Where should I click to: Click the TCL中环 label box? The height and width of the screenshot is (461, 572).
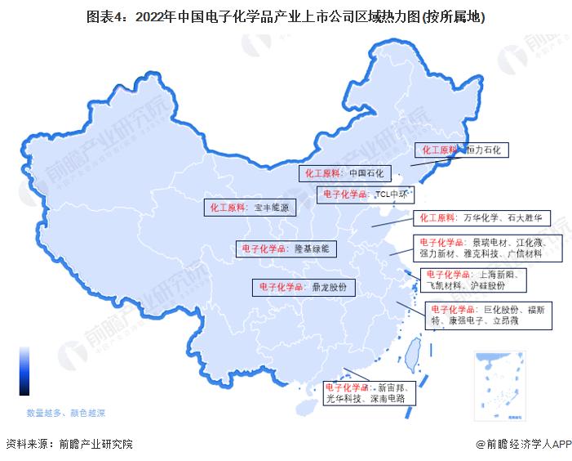(366, 195)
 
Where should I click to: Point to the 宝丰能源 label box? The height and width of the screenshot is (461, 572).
(249, 208)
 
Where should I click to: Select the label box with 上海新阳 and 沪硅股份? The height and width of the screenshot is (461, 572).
(473, 280)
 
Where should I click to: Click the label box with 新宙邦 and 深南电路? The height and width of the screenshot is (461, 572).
(370, 393)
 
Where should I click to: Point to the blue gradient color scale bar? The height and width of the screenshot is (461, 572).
(24, 372)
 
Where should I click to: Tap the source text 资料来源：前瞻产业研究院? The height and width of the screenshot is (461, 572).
(69, 444)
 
